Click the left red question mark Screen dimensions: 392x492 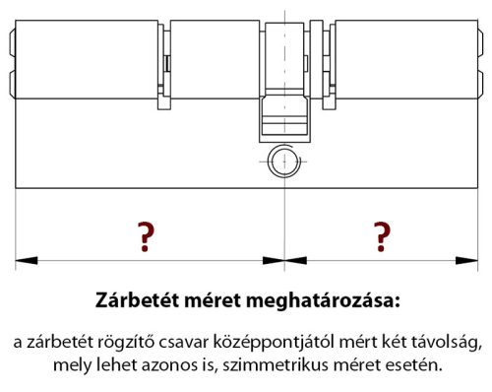pos(146,236)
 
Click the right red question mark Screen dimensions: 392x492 pos(382,236)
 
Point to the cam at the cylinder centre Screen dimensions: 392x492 pos(282,119)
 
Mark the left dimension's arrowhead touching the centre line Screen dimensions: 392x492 pos(273,261)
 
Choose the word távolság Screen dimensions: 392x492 pos(448,343)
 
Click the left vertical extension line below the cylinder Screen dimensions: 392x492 pos(16,227)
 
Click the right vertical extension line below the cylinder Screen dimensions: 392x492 pos(478,227)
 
